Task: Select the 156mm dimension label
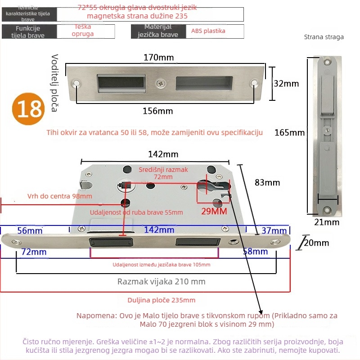(158, 111)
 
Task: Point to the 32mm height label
(286, 84)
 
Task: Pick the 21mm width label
(327, 222)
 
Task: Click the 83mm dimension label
(267, 182)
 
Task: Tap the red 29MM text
(213, 211)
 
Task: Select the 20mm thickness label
(316, 243)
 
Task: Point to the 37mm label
(271, 230)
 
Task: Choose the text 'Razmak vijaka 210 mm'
(161, 282)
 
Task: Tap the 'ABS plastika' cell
(208, 31)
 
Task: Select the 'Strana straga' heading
(324, 37)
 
